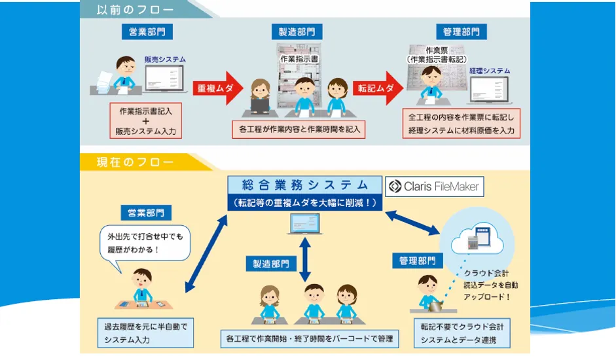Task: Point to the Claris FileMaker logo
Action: point(434,187)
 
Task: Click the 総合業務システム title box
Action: point(304,184)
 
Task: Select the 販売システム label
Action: point(165,60)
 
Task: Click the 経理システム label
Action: point(489,71)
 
